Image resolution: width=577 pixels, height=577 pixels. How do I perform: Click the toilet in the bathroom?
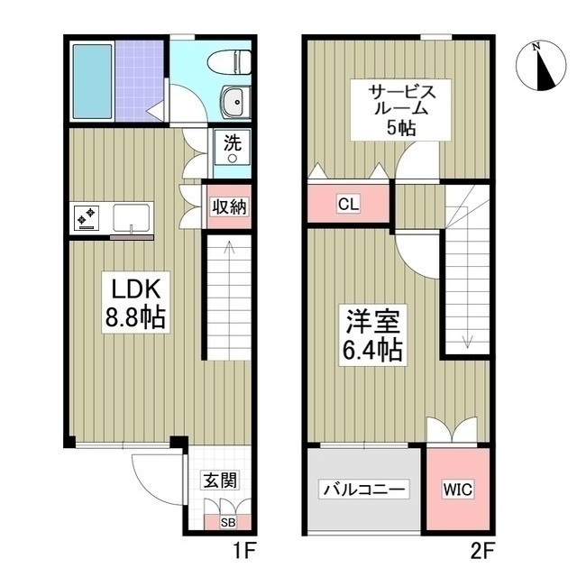[230, 61]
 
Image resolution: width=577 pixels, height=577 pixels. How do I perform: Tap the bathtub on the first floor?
[92, 81]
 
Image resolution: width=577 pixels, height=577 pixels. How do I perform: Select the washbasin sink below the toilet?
[236, 102]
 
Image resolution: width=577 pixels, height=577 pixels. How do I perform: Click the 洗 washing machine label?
[233, 142]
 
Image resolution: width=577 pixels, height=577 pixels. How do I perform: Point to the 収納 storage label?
[230, 206]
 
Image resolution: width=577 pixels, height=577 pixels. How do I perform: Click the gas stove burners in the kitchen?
[87, 217]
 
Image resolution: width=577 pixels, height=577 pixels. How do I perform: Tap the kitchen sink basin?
[131, 217]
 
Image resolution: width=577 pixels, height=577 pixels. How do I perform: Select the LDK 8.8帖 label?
[136, 303]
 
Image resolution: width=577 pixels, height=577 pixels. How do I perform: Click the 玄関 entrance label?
[220, 480]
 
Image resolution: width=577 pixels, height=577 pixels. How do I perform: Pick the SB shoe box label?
[228, 522]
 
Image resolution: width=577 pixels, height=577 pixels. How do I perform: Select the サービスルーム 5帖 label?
[401, 110]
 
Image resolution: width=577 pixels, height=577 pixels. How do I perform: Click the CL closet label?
[348, 204]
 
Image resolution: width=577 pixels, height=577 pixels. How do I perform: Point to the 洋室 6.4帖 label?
[372, 335]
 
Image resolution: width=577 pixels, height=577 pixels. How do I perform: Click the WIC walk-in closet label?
[458, 490]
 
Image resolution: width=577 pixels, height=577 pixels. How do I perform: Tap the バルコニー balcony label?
[364, 490]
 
